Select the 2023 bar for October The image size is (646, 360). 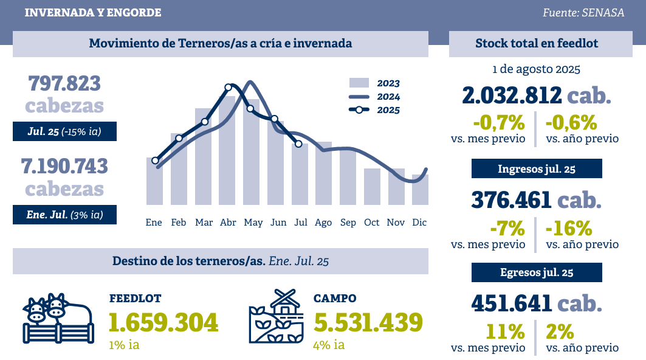click(372, 187)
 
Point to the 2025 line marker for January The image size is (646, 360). click(155, 161)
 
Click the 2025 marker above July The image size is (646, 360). click(298, 144)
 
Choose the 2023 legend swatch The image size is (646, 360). click(359, 83)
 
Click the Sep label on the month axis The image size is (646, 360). click(348, 223)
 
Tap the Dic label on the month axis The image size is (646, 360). click(419, 223)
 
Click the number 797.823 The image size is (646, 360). click(64, 83)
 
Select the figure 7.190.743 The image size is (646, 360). click(64, 167)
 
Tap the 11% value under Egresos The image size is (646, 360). click(504, 332)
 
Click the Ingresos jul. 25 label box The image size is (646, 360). click(537, 168)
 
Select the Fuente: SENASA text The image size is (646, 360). click(583, 13)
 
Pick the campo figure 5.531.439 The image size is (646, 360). click(368, 322)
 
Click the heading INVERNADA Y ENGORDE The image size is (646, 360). click(93, 13)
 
